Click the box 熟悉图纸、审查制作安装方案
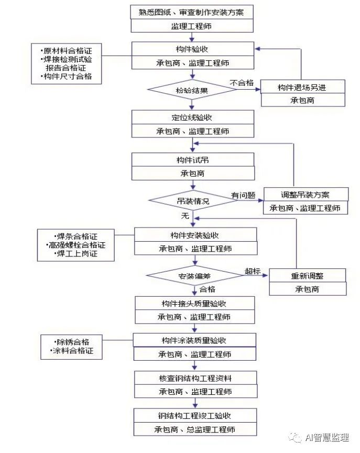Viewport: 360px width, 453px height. [x=192, y=12]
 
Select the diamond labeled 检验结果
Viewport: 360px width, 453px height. [x=192, y=90]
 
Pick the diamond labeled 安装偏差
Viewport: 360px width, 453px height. [x=194, y=275]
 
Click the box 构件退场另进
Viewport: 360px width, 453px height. [x=303, y=87]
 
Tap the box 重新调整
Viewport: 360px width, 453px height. [x=308, y=275]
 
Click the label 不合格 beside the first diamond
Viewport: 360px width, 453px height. [x=242, y=82]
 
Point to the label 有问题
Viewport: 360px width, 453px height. [x=243, y=195]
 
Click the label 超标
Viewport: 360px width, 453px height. [x=253, y=271]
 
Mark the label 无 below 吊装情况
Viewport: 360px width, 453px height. [x=184, y=215]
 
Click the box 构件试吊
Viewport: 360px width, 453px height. [x=193, y=160]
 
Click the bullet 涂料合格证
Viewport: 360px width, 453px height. [x=72, y=351]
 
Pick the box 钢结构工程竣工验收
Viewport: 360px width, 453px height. [x=195, y=416]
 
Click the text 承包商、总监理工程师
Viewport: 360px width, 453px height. [x=195, y=429]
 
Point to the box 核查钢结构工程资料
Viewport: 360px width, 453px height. [x=195, y=377]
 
